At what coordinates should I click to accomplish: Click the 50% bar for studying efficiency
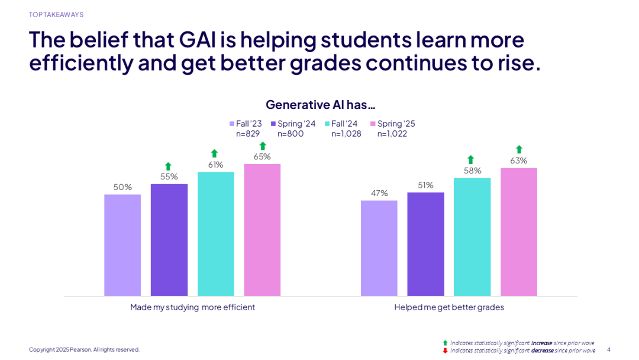[x=122, y=245]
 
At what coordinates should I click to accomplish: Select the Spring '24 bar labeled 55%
[x=169, y=240]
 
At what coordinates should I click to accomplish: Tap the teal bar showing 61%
[x=215, y=234]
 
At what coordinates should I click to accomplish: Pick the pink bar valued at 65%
[x=262, y=230]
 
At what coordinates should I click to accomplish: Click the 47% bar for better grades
[x=379, y=248]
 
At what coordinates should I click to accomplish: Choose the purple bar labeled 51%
[x=425, y=244]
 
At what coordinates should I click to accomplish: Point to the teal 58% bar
[x=472, y=237]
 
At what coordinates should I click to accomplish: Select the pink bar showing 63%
[x=519, y=232]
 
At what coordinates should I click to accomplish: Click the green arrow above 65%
[x=263, y=146]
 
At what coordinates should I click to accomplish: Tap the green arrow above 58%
[x=471, y=159]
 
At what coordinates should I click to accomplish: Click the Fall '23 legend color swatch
[x=232, y=124]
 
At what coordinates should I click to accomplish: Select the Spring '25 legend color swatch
[x=373, y=124]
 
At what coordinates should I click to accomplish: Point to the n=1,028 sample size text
[x=346, y=134]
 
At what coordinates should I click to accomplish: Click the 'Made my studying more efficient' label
[x=193, y=307]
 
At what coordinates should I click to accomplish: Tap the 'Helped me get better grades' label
[x=449, y=307]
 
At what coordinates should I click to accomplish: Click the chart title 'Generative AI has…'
[x=321, y=105]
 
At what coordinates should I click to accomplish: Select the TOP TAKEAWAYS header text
[x=56, y=15]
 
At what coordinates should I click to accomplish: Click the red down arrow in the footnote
[x=445, y=351]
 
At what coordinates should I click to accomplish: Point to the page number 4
[x=608, y=349]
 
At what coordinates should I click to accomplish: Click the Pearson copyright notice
[x=84, y=349]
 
